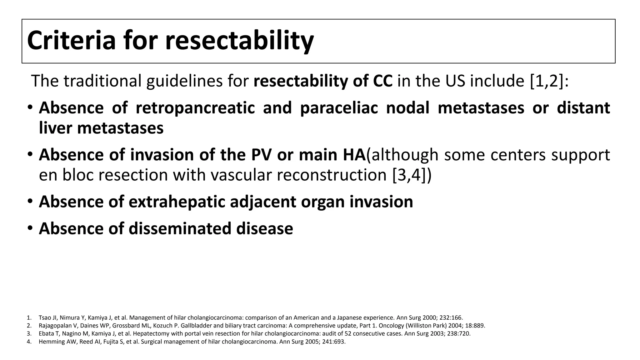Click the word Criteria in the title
71,41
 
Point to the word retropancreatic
195,108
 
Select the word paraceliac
339,108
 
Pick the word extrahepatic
177,202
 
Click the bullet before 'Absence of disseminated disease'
30,228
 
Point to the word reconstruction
332,175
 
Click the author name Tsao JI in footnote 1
46,318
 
